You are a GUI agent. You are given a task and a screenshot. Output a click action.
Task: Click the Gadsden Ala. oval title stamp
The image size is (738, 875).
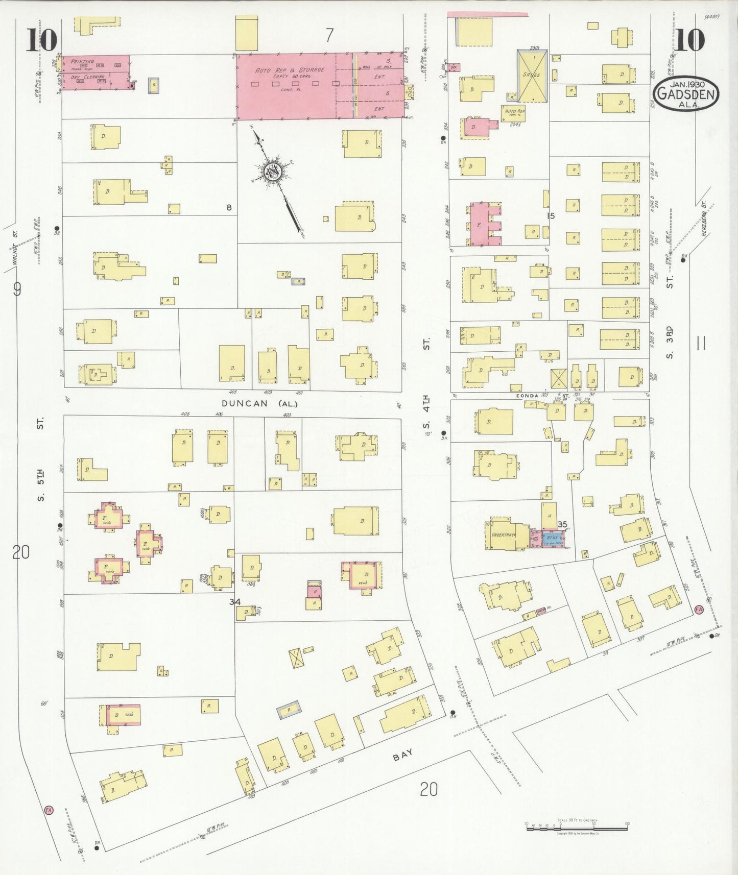pos(686,94)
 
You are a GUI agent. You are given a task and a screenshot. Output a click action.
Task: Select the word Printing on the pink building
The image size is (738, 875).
pos(82,61)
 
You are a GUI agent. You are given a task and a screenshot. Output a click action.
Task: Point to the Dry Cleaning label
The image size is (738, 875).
pos(87,77)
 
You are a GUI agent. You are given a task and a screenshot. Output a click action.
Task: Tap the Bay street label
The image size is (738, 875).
pos(402,755)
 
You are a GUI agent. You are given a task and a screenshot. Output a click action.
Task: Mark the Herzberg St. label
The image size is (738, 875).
pos(703,210)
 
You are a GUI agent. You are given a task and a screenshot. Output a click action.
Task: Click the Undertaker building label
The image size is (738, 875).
pos(504,535)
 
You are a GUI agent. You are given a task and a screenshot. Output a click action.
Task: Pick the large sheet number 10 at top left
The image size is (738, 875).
pos(41,40)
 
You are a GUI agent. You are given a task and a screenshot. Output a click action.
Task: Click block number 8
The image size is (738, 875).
pos(229,207)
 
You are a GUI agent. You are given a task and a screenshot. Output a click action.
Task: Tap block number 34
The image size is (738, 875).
pos(234,602)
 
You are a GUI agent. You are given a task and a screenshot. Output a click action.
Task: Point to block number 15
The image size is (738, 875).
pos(550,215)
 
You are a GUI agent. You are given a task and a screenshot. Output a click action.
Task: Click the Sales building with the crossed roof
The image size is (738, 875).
pos(532,76)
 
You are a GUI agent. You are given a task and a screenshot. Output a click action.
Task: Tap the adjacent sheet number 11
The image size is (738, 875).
pos(701,343)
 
